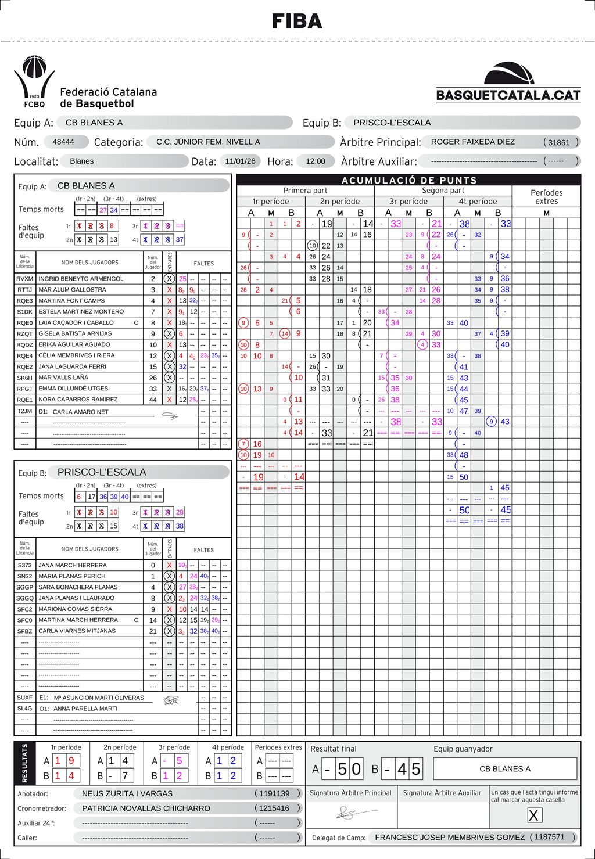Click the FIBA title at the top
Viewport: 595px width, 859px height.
(297, 21)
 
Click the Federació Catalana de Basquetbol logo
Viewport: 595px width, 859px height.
(85, 82)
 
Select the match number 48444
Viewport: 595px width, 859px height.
(63, 142)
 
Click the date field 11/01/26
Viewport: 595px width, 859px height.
(241, 161)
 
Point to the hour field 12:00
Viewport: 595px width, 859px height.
(316, 161)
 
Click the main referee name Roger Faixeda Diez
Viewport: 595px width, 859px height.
(473, 142)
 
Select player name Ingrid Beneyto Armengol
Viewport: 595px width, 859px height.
(81, 279)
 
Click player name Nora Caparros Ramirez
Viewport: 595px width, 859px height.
(78, 400)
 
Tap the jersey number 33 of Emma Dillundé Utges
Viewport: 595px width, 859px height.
(153, 389)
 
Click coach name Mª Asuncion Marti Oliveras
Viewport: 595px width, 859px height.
(99, 698)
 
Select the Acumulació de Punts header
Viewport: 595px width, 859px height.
(408, 180)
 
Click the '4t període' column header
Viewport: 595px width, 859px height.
(478, 202)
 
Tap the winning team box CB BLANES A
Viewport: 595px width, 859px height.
(505, 769)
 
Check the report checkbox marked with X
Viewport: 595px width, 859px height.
(533, 815)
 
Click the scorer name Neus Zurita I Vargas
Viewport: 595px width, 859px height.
(127, 793)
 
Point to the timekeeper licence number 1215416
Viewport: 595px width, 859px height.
(274, 808)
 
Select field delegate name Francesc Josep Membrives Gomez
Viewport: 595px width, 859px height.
(450, 837)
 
